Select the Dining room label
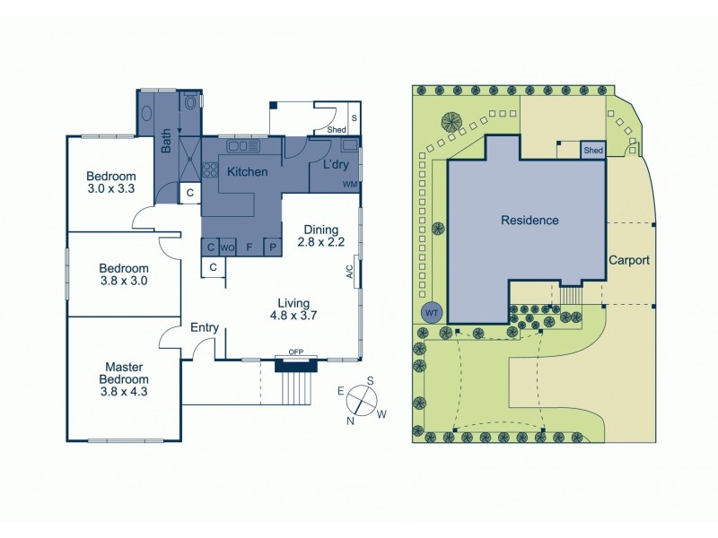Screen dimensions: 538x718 tap(320, 230)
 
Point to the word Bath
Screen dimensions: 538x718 tap(166, 143)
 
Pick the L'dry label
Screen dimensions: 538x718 tap(328, 167)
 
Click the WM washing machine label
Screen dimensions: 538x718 tap(350, 185)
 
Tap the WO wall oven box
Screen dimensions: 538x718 tap(228, 247)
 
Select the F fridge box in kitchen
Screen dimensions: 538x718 tap(249, 247)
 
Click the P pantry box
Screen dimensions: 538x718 tap(271, 247)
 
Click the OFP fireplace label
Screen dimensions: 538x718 tap(295, 352)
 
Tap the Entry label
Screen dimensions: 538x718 tap(205, 328)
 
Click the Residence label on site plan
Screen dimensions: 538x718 tap(530, 220)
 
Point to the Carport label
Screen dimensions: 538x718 tap(628, 260)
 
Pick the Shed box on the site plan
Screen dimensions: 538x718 tap(593, 151)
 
